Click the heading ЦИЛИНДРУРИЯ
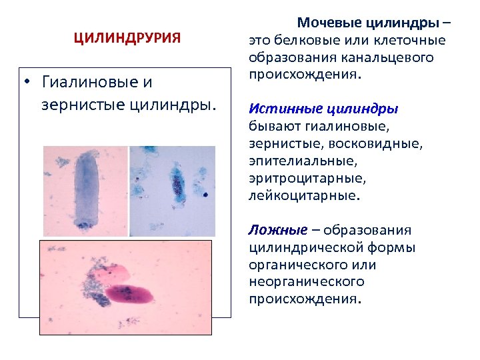(x=127, y=39)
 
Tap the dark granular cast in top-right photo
(x=178, y=181)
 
